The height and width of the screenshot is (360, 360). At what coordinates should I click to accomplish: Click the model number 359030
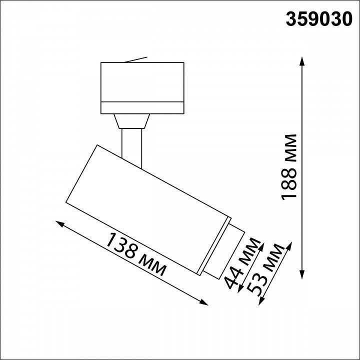pos(318,18)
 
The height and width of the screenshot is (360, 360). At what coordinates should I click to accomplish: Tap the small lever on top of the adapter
pos(135,59)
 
